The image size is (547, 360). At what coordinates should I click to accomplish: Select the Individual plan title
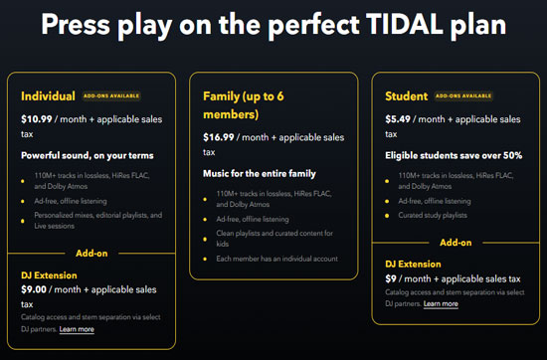pyautogui.click(x=48, y=96)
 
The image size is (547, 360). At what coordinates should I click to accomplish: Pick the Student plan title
pyautogui.click(x=408, y=96)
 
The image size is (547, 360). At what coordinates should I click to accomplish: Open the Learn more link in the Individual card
pyautogui.click(x=77, y=329)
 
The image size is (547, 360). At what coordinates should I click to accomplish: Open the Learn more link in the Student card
pyautogui.click(x=441, y=303)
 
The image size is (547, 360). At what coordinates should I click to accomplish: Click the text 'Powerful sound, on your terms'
pyautogui.click(x=88, y=156)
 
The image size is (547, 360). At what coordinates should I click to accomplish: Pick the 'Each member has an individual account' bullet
pyautogui.click(x=276, y=259)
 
